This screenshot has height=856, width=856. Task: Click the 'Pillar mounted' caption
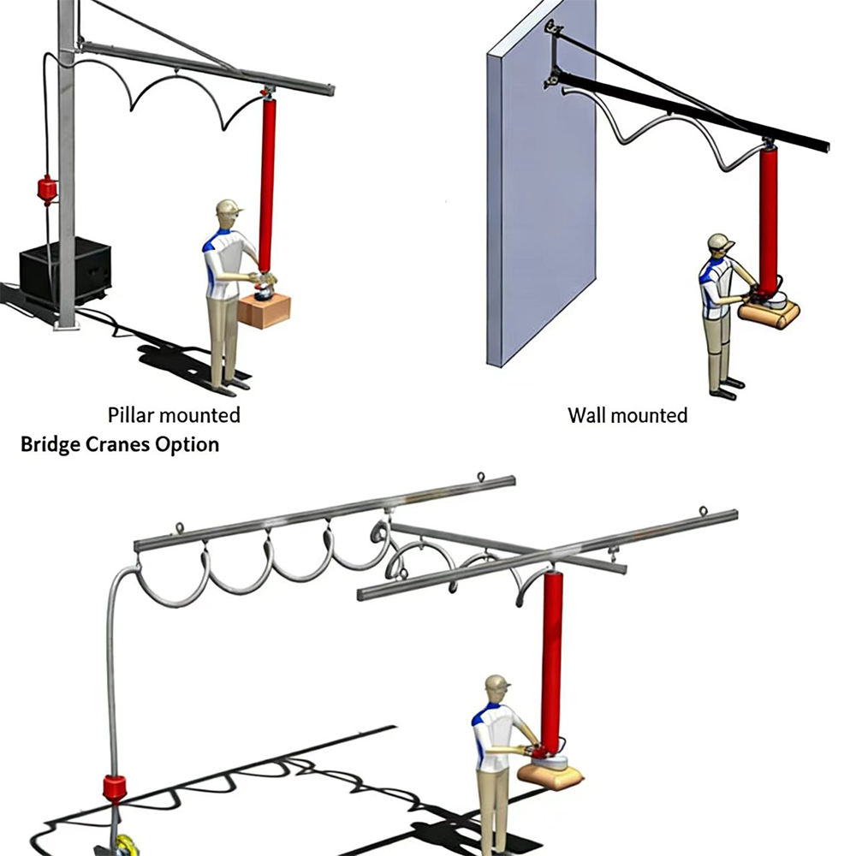point(174,415)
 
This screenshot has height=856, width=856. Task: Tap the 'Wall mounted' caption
point(627,415)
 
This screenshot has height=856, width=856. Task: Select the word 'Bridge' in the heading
point(51,445)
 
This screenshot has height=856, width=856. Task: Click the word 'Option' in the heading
point(187,445)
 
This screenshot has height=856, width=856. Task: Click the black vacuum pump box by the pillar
point(66,271)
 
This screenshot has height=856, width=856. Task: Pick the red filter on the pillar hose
point(47,189)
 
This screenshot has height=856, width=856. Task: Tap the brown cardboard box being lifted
point(264,311)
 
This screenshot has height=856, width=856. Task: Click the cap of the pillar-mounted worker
point(229,207)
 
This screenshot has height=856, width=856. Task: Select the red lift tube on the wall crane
point(769,220)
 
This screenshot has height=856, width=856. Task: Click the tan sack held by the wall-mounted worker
point(769,315)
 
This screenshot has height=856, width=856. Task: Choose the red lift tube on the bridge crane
point(552,661)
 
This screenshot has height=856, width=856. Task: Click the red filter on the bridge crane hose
point(115,788)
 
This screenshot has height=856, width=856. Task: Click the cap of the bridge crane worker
point(498,682)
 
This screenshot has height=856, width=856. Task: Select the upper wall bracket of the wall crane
point(554,27)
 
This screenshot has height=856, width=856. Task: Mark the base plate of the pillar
point(67,326)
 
